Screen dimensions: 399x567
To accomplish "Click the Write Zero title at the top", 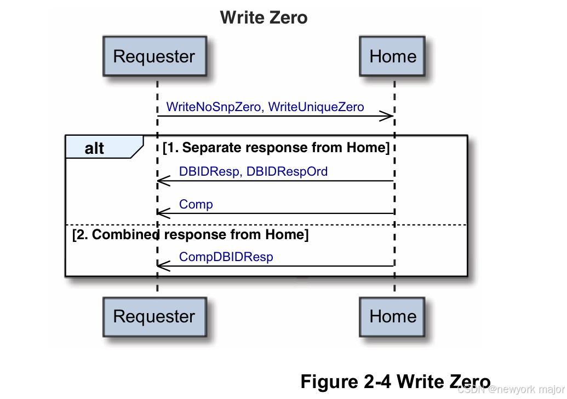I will pyautogui.click(x=264, y=18).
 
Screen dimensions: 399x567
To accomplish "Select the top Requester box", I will pyautogui.click(x=154, y=56).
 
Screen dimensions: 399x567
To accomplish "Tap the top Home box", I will pyautogui.click(x=393, y=56).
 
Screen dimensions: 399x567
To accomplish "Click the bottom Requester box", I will pyautogui.click(x=154, y=316).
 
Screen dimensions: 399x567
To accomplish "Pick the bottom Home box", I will pyautogui.click(x=393, y=316).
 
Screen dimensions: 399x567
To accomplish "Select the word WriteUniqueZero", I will pyautogui.click(x=316, y=107).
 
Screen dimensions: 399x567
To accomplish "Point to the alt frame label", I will pyautogui.click(x=95, y=148).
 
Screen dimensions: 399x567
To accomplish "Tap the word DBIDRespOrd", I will pyautogui.click(x=287, y=172).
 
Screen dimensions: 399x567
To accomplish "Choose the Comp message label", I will pyautogui.click(x=196, y=205).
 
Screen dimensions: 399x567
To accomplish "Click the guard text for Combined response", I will pyautogui.click(x=190, y=235).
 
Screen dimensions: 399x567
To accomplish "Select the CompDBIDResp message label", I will pyautogui.click(x=226, y=257).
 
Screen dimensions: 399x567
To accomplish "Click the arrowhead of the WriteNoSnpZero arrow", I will pyautogui.click(x=387, y=116).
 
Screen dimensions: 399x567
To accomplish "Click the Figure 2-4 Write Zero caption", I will pyautogui.click(x=395, y=381).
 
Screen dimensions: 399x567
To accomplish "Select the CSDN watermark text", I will pyautogui.click(x=510, y=390).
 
